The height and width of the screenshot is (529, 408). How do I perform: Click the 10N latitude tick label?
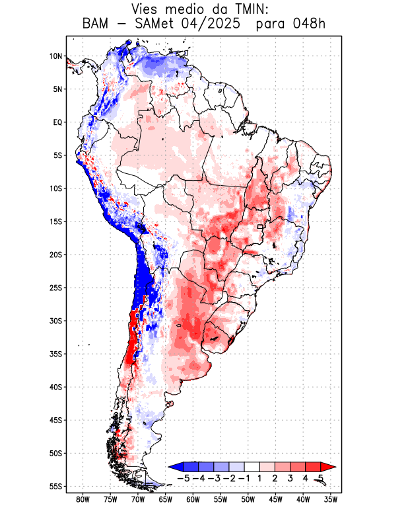pos(55,56)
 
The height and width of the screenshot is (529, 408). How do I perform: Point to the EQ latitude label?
pos(57,122)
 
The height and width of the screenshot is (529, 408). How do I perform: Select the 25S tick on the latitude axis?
pos(55,288)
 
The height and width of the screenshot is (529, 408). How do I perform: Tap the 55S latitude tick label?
pos(55,486)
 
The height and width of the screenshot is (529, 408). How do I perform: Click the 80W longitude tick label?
pos(83,499)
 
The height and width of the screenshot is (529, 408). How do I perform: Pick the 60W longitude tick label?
pos(193,499)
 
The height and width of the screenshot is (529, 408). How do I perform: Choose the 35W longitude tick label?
pos(331,499)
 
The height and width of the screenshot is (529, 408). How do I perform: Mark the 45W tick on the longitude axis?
pos(276,499)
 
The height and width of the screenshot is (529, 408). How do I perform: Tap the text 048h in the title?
pos(310,24)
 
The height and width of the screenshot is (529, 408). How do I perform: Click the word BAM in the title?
pos(98,24)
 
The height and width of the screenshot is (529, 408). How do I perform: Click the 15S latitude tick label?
pos(55,222)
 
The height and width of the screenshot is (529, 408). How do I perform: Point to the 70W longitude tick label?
pos(138,499)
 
